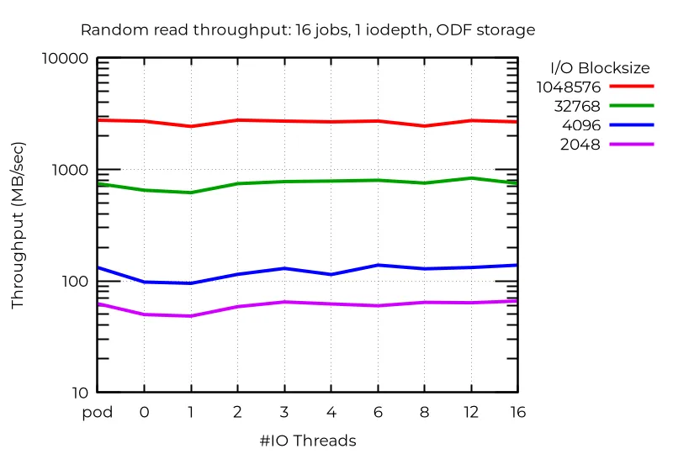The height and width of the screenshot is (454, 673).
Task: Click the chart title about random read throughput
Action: click(x=307, y=30)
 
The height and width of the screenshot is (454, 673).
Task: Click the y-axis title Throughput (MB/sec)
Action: click(x=18, y=225)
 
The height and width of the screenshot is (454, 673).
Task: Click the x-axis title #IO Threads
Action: click(x=307, y=441)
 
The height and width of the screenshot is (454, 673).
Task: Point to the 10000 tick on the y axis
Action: click(x=66, y=59)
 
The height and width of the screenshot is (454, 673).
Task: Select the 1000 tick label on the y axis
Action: click(x=71, y=170)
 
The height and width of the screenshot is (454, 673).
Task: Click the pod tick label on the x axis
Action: click(x=97, y=412)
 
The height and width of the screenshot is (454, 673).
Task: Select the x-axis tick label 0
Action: click(x=144, y=412)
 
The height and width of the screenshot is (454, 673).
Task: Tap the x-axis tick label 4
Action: click(x=331, y=412)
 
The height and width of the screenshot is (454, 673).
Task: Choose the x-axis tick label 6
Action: click(x=378, y=412)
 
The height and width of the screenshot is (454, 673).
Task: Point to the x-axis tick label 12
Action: click(x=471, y=412)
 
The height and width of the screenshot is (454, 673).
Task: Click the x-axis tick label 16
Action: click(x=517, y=412)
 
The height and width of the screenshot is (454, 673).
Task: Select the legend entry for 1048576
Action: click(x=569, y=87)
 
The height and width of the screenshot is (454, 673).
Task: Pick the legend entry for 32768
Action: click(x=576, y=106)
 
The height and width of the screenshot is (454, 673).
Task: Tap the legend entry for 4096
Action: click(x=581, y=125)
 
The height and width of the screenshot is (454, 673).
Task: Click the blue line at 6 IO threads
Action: click(x=378, y=265)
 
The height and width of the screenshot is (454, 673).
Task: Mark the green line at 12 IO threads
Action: click(x=471, y=178)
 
